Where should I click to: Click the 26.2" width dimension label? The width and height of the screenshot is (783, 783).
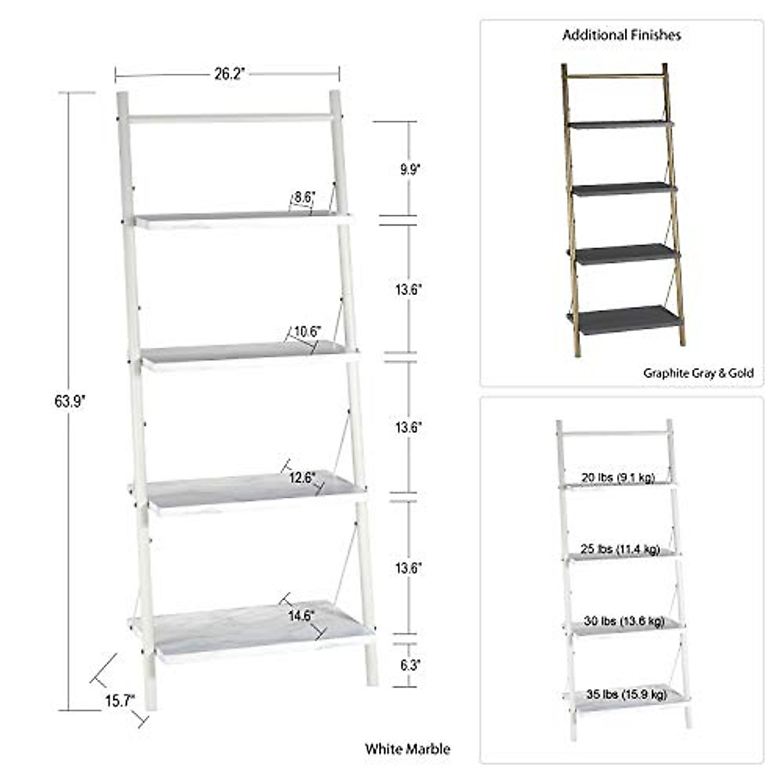click(x=228, y=74)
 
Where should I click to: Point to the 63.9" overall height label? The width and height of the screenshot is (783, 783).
click(x=70, y=401)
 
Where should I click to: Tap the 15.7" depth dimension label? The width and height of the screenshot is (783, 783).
click(x=119, y=700)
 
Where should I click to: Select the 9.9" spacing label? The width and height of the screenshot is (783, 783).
click(x=410, y=170)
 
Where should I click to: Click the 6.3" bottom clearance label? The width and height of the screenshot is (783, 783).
click(x=410, y=666)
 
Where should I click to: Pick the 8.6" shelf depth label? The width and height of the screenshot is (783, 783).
click(x=304, y=196)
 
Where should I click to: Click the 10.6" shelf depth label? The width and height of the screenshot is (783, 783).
click(x=306, y=331)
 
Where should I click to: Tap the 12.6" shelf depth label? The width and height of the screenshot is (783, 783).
click(x=303, y=478)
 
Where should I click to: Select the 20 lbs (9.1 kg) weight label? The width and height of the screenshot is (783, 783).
click(x=617, y=478)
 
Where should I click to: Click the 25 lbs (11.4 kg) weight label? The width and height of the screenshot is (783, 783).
click(x=620, y=549)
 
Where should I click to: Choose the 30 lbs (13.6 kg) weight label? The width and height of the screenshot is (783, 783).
click(x=623, y=621)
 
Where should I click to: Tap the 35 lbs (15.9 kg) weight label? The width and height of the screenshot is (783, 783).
click(x=626, y=694)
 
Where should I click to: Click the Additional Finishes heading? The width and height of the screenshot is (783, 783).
click(x=621, y=35)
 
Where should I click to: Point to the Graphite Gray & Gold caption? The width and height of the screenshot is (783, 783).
click(x=698, y=373)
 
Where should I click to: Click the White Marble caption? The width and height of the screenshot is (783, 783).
click(x=407, y=748)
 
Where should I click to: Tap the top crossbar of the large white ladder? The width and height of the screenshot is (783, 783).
click(x=228, y=118)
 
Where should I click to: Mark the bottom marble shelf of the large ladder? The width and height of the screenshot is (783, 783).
click(x=254, y=632)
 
